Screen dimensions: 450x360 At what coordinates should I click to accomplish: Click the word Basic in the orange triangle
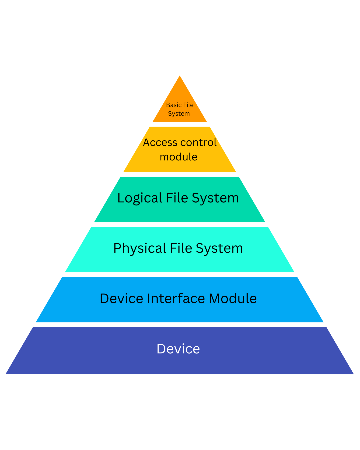[173, 105]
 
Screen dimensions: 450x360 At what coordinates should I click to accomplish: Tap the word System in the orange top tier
[179, 114]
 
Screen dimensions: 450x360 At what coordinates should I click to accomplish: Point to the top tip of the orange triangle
[180, 76]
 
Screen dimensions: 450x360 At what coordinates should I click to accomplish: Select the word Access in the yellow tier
[160, 142]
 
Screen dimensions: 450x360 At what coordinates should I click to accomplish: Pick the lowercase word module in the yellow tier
[178, 157]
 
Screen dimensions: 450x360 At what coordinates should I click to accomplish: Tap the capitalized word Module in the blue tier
[232, 299]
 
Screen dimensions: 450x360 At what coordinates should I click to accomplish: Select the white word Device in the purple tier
[178, 349]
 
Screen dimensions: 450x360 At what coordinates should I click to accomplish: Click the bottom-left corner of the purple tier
[6, 373]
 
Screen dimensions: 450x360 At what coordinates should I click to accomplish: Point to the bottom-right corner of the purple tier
[354, 374]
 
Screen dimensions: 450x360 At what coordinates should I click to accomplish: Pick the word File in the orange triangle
[188, 105]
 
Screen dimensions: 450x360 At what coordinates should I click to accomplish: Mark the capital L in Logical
[120, 198]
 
